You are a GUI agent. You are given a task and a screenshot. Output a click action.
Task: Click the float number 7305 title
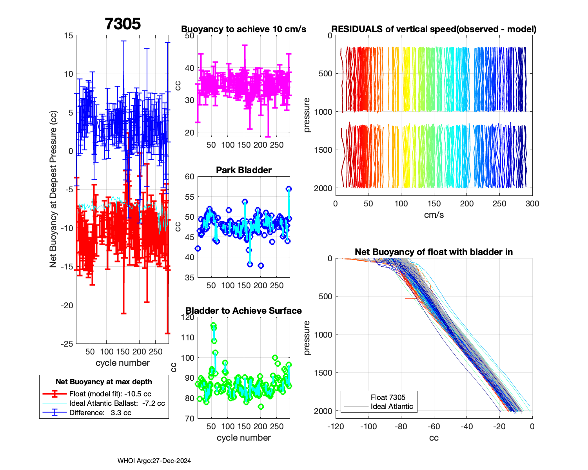pyautogui.click(x=123, y=24)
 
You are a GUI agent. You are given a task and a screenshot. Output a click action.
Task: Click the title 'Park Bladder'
pyautogui.click(x=244, y=170)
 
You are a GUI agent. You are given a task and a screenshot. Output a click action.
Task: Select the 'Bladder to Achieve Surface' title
pyautogui.click(x=244, y=311)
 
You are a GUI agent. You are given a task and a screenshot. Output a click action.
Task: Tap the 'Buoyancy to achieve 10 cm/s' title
pyautogui.click(x=244, y=29)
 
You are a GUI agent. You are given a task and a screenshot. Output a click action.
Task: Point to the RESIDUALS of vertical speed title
pyautogui.click(x=434, y=29)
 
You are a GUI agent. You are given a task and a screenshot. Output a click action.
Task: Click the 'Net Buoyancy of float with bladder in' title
pyautogui.click(x=434, y=252)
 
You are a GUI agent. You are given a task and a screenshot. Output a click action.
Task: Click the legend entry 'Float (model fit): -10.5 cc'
pyautogui.click(x=110, y=394)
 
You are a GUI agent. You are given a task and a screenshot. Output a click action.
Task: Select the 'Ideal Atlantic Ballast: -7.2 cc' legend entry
pyautogui.click(x=117, y=403)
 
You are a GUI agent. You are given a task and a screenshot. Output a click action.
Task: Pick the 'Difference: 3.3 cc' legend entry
pyautogui.click(x=100, y=412)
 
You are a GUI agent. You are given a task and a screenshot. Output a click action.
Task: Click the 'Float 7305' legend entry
pyautogui.click(x=388, y=397)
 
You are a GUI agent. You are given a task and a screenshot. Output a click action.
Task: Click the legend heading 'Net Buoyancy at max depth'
pyautogui.click(x=104, y=382)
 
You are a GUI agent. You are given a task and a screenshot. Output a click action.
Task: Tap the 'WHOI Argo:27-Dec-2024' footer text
pyautogui.click(x=154, y=461)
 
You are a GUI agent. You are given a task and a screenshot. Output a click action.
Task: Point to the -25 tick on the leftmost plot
pyautogui.click(x=68, y=344)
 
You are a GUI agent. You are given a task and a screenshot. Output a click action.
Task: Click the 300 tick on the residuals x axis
pyautogui.click(x=532, y=204)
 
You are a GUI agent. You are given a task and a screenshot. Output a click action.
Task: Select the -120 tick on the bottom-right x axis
pyautogui.click(x=336, y=427)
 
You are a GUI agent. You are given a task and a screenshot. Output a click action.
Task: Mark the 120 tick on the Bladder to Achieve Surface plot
pyautogui.click(x=189, y=317)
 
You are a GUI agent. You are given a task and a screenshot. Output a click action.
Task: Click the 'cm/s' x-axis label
pyautogui.click(x=434, y=215)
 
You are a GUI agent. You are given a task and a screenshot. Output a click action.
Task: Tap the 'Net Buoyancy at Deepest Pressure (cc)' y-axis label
pyautogui.click(x=53, y=190)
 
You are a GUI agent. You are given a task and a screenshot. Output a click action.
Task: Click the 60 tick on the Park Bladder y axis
pyautogui.click(x=190, y=177)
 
